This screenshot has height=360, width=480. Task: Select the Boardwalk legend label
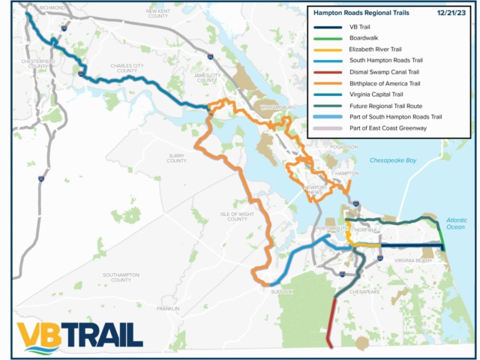363,38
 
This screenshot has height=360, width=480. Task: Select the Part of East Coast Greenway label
388,128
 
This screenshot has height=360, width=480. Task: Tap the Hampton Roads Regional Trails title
358,13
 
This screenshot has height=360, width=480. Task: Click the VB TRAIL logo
79,335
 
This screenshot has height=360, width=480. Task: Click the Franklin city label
167,308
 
